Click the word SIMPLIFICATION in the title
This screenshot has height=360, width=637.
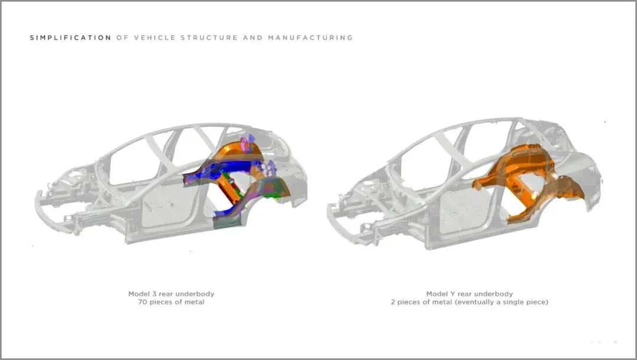click(70, 38)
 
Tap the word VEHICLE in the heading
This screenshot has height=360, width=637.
click(155, 38)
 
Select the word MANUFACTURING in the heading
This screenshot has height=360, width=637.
click(310, 38)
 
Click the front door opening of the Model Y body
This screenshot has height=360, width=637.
click(454, 207)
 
